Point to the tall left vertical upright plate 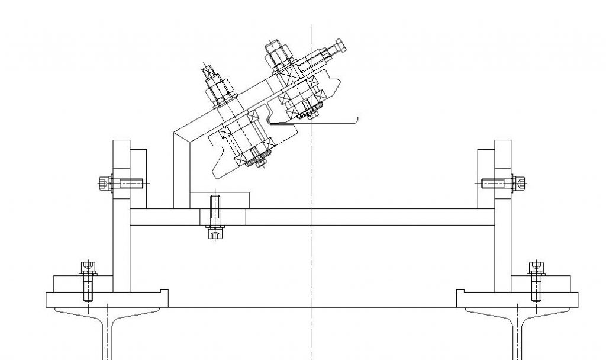[x=121, y=249]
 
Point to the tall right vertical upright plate [x=502, y=249]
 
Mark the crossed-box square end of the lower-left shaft [x=208, y=72]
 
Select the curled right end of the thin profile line [x=357, y=120]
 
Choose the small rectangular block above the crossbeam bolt [x=220, y=200]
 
